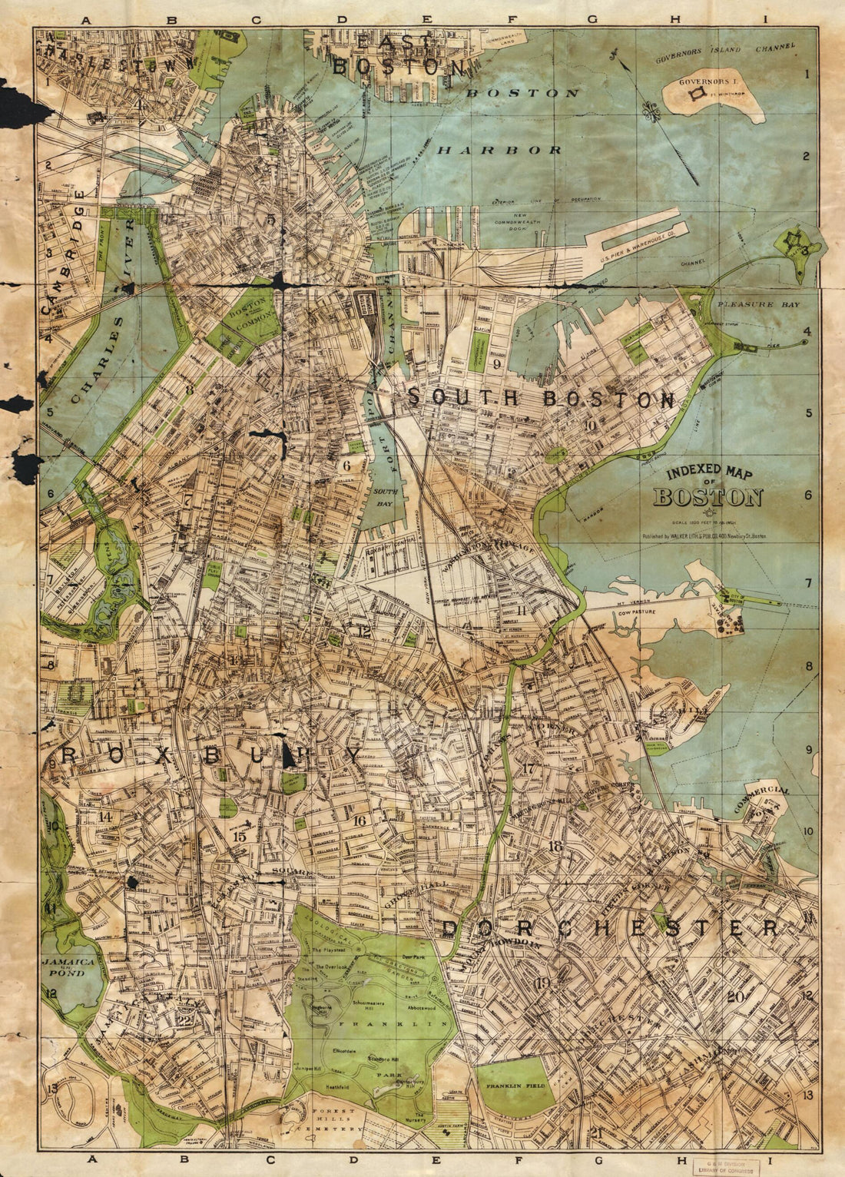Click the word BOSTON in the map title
tap(707, 498)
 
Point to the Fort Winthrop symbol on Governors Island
tap(698, 94)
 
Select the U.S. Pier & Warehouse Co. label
tap(637, 244)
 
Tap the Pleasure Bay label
tap(757, 304)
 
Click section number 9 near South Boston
tap(497, 364)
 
